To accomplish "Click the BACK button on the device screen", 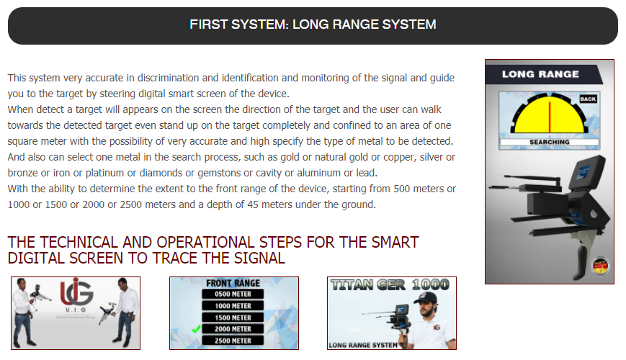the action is (588, 99).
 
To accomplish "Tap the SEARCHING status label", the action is (550, 142).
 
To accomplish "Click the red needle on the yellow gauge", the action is (550, 117).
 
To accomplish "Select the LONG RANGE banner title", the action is (540, 74).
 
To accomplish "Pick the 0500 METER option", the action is (233, 294).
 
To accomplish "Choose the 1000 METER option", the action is (233, 306).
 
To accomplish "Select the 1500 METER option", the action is (233, 318).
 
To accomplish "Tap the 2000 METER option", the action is (233, 329).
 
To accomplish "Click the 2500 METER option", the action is (233, 341).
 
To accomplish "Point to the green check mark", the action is (196, 329).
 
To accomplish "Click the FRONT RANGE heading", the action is (233, 283).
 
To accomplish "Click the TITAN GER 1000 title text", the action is (390, 284).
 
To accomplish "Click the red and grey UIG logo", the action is (76, 292).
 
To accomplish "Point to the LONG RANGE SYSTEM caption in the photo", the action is (363, 345).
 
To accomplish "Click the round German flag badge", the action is (600, 265).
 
